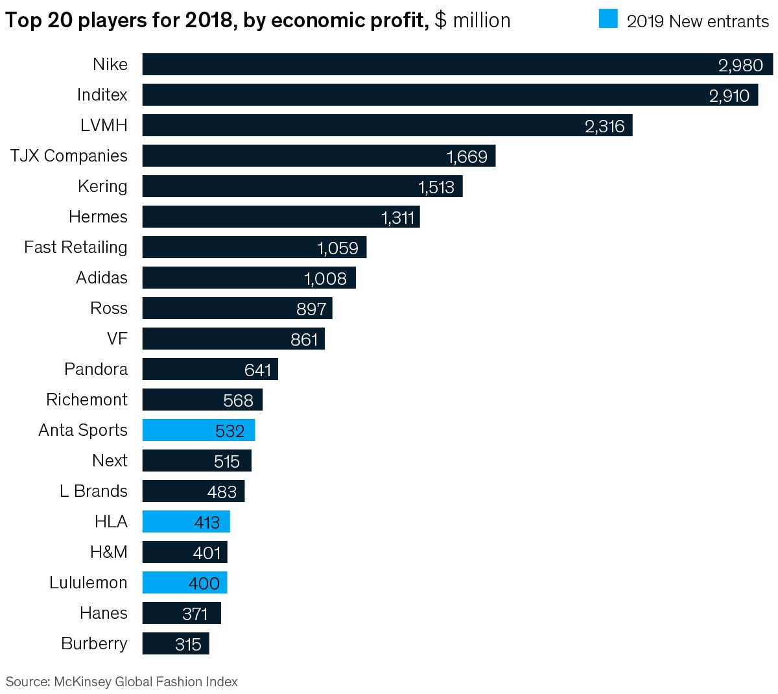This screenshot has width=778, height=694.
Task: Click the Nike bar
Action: (454, 64)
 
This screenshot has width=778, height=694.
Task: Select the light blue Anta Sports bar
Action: (198, 430)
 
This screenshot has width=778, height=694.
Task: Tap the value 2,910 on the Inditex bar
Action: (729, 95)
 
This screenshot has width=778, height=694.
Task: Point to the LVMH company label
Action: (104, 125)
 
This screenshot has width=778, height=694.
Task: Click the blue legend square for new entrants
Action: (608, 19)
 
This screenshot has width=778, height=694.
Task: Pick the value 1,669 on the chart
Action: (467, 156)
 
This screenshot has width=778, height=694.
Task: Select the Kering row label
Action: (102, 186)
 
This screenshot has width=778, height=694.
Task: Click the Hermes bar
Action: (281, 217)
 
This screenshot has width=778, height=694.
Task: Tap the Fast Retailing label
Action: (76, 247)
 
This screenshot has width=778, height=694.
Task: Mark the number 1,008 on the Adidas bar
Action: (325, 278)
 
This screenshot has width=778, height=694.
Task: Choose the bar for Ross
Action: (237, 308)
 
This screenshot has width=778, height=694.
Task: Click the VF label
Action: (117, 339)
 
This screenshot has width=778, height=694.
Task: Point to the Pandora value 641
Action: (258, 370)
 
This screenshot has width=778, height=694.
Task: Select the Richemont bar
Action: (202, 400)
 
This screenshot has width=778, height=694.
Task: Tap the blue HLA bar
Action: (186, 521)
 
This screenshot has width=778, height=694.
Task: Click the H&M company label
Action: (109, 552)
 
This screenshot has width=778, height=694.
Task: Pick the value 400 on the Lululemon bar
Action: (204, 583)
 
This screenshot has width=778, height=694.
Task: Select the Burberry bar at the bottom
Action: (176, 643)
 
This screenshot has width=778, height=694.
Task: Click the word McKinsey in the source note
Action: (82, 682)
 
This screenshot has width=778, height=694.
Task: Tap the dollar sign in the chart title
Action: (441, 20)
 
